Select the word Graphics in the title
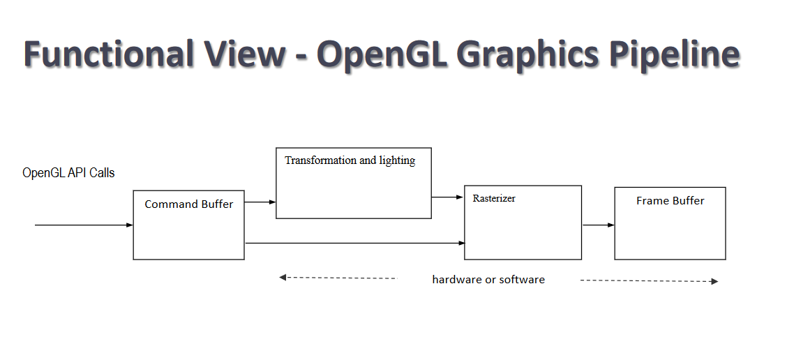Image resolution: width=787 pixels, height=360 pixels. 528,54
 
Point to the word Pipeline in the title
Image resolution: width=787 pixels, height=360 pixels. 673,54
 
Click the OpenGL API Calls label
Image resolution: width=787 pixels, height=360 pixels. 69,173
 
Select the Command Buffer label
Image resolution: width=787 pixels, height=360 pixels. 189,204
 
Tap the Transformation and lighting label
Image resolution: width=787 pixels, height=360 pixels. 350,160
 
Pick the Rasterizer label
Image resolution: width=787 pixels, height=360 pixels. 494,198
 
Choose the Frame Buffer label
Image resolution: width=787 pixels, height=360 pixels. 670,201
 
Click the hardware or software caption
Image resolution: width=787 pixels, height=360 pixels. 488,280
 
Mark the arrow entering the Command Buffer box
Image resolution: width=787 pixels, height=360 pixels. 84,225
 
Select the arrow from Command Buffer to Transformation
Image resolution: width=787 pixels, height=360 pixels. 260,202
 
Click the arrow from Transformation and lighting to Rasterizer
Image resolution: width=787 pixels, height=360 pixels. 447,197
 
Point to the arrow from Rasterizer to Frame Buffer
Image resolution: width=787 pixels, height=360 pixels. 599,225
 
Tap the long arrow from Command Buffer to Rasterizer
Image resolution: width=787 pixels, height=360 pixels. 355,243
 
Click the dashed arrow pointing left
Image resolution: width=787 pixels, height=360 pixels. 338,278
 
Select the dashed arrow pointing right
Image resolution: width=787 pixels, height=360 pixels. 650,281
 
